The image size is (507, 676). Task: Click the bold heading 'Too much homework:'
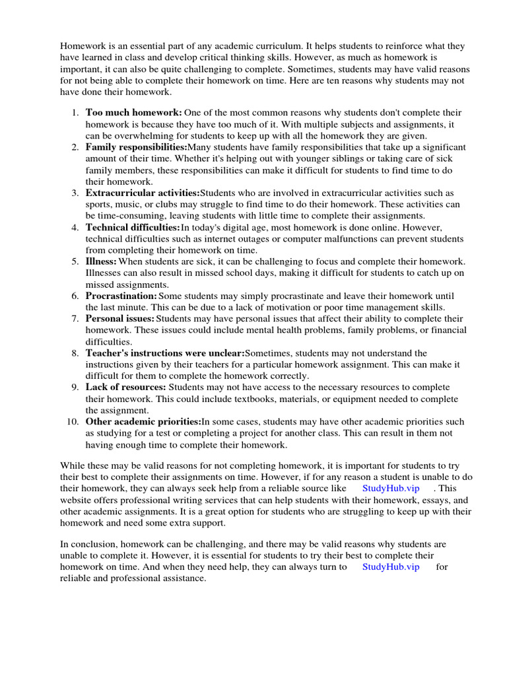tap(134, 113)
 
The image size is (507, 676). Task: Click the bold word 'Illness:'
tap(101, 261)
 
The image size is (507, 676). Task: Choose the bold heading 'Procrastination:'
tap(121, 296)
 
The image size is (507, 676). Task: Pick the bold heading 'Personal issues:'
tap(119, 319)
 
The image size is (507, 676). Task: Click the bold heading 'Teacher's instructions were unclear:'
tap(165, 353)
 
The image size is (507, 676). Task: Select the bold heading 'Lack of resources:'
tap(126, 388)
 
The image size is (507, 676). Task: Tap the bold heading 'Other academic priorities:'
tap(143, 422)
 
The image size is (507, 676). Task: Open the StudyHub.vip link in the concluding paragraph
tap(391, 567)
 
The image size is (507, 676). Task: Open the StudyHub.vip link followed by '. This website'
tap(391, 488)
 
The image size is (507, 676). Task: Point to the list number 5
tap(75, 261)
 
